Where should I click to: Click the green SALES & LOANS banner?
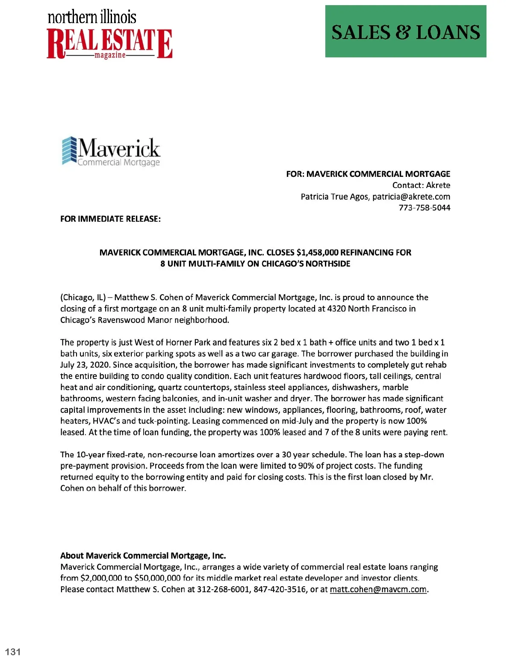(x=406, y=31)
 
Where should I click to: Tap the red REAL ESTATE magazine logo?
(x=109, y=43)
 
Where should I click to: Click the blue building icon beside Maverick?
(x=69, y=150)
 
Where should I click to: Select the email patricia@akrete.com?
(x=411, y=197)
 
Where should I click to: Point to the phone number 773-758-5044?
(x=424, y=208)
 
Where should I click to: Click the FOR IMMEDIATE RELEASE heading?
(x=110, y=219)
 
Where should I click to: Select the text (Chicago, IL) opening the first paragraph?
(x=83, y=298)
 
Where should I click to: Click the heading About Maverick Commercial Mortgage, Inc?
(x=143, y=556)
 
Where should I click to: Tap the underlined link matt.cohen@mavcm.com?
(x=378, y=589)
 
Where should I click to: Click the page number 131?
(x=13, y=652)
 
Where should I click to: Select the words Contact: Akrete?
(x=421, y=185)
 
